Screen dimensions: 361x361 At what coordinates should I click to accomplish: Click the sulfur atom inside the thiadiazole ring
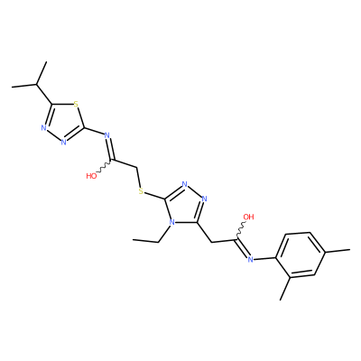76,105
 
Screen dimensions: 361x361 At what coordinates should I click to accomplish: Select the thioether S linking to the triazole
141,191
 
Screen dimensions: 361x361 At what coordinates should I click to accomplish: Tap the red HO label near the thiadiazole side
91,176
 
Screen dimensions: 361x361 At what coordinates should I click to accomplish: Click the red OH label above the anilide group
248,217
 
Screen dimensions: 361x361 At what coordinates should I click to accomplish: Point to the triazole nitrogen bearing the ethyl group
171,223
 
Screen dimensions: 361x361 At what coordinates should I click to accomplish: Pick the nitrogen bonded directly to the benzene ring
250,259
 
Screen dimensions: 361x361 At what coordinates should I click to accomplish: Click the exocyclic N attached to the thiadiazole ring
106,135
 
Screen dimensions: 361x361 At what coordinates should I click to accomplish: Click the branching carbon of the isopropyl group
37,85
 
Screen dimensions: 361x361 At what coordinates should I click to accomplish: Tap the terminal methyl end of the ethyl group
134,240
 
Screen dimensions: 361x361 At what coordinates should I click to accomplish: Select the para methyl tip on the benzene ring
350,249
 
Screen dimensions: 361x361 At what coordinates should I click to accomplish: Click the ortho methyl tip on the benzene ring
280,300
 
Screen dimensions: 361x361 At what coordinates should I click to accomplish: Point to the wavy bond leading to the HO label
105,167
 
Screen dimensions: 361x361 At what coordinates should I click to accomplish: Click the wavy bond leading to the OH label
243,230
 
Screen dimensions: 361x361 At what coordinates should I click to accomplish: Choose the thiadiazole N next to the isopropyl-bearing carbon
43,128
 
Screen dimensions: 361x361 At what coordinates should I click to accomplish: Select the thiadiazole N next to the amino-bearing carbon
63,142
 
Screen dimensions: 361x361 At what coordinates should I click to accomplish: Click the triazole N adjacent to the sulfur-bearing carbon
185,184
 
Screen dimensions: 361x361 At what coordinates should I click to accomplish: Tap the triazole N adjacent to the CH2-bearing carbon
205,199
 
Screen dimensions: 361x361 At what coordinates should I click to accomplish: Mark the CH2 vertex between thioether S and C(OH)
137,168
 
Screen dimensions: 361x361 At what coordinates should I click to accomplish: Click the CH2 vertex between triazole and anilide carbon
212,242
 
